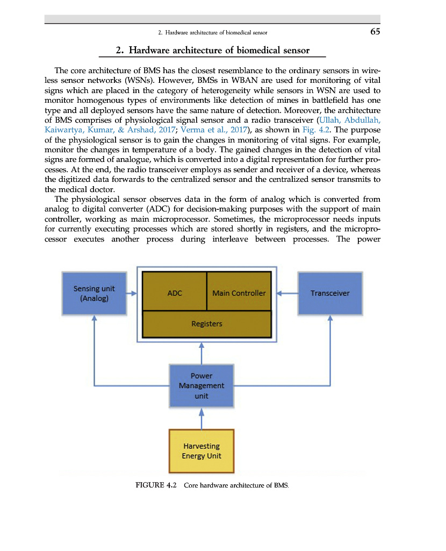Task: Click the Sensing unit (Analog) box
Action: [x=94, y=293]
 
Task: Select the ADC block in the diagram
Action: [x=175, y=293]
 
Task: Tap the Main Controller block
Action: [x=239, y=293]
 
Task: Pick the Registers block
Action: [x=207, y=324]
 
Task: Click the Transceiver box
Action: [x=330, y=293]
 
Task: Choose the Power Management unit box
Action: [x=202, y=386]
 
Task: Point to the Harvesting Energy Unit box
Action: [x=202, y=451]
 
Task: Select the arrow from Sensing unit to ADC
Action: [x=132, y=294]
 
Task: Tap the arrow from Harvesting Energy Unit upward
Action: [x=202, y=418]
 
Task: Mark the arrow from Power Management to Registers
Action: [x=202, y=352]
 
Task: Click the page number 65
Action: [x=375, y=32]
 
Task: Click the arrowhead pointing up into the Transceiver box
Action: [x=330, y=317]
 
